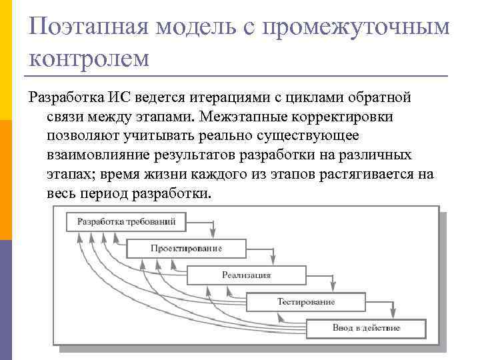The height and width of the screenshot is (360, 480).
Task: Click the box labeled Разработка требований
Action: point(127,221)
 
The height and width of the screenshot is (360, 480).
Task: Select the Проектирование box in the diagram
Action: point(186,248)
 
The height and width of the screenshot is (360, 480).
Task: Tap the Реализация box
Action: point(246,275)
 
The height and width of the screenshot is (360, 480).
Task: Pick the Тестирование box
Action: point(306,302)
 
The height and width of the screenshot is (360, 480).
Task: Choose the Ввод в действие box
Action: point(366,328)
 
